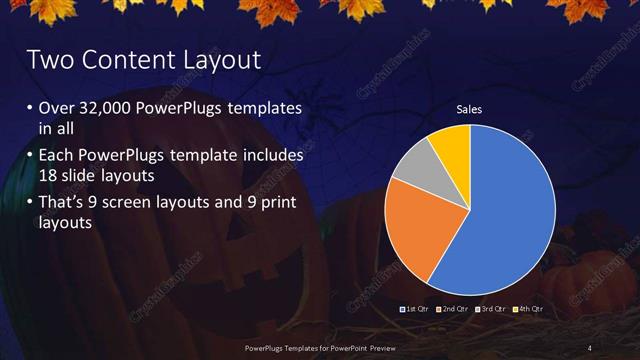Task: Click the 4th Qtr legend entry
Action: [x=529, y=309]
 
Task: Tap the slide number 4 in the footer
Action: [x=590, y=347]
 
